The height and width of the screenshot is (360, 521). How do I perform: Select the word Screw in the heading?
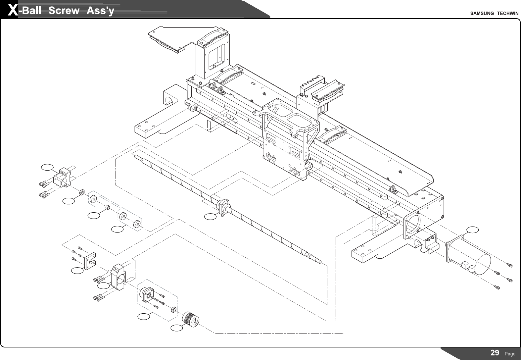(64, 11)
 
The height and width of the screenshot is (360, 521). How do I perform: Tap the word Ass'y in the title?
(100, 11)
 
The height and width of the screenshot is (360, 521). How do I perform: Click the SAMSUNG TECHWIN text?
(494, 13)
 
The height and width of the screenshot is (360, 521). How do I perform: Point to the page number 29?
(495, 353)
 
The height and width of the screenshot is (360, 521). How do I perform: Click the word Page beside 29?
(510, 354)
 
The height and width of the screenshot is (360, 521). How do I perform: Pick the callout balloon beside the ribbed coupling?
(177, 328)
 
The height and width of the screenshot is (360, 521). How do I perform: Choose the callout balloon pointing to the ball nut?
(210, 217)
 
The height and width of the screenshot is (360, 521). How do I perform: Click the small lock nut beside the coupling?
(173, 310)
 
